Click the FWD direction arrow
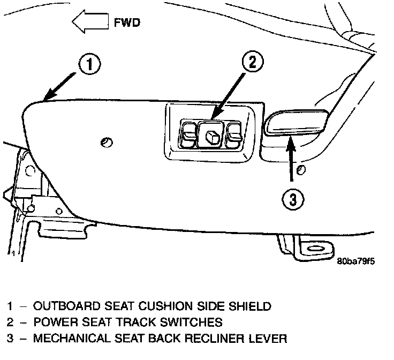tap(90, 23)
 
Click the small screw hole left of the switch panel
tap(105, 142)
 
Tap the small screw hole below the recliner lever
tap(301, 171)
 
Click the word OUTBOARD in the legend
tap(60, 307)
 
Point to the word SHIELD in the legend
tap(251, 307)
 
